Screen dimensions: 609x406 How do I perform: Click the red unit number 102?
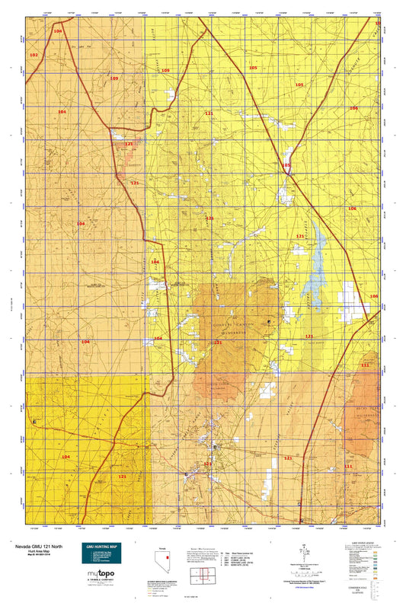point(33,56)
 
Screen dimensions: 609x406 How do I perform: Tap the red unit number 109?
point(114,78)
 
